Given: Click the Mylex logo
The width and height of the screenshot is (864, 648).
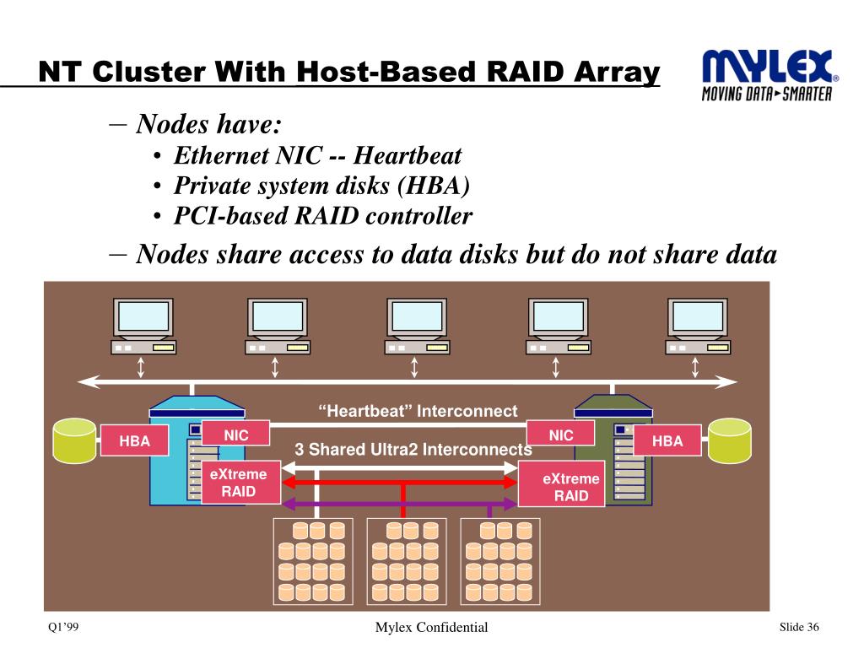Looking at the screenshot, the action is pyautogui.click(x=769, y=75).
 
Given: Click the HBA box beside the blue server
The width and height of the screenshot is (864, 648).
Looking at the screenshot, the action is pyautogui.click(x=134, y=440).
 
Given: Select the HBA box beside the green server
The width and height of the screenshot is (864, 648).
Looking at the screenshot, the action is pyautogui.click(x=667, y=440).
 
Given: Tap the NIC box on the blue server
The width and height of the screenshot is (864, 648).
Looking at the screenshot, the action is pyautogui.click(x=236, y=434).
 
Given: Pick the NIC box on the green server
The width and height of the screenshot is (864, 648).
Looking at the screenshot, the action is pyautogui.click(x=561, y=434).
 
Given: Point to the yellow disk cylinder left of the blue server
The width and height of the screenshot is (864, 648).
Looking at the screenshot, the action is pyautogui.click(x=74, y=440).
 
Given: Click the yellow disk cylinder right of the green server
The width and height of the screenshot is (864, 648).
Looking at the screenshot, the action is pyautogui.click(x=730, y=440).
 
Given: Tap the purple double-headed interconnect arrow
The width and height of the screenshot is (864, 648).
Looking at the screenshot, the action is pyautogui.click(x=400, y=503).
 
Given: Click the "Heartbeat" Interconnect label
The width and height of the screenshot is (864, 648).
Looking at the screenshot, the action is pyautogui.click(x=418, y=411).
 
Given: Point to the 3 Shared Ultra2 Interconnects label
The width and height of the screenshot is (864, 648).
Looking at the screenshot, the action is pyautogui.click(x=413, y=449).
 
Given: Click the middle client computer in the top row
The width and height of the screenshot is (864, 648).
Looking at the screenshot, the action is pyautogui.click(x=417, y=327).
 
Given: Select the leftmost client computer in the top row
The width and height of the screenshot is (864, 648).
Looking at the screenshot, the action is pyautogui.click(x=143, y=327).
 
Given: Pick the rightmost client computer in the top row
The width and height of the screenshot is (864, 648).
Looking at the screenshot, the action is pyautogui.click(x=698, y=327).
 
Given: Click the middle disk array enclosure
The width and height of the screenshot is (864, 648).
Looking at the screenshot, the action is pyautogui.click(x=406, y=561).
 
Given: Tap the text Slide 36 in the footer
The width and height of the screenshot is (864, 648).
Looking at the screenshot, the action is pyautogui.click(x=799, y=627).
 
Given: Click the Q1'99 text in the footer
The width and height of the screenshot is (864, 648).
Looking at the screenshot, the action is pyautogui.click(x=63, y=627).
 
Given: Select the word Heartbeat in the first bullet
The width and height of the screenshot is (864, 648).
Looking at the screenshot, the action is pyautogui.click(x=408, y=155).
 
